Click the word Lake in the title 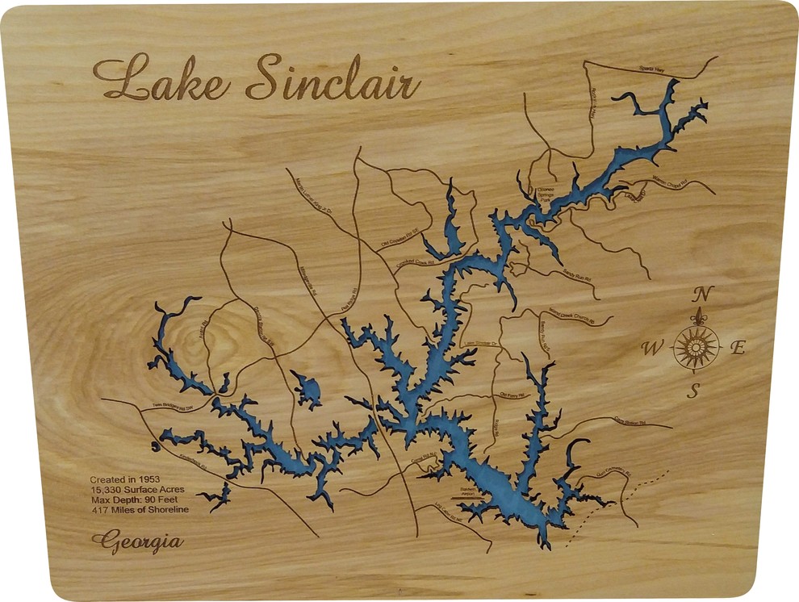(x=161, y=79)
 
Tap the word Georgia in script (x=137, y=541)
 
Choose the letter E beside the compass (x=737, y=349)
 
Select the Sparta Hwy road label (x=653, y=69)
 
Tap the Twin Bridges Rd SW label (x=173, y=408)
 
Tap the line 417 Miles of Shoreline (x=140, y=510)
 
